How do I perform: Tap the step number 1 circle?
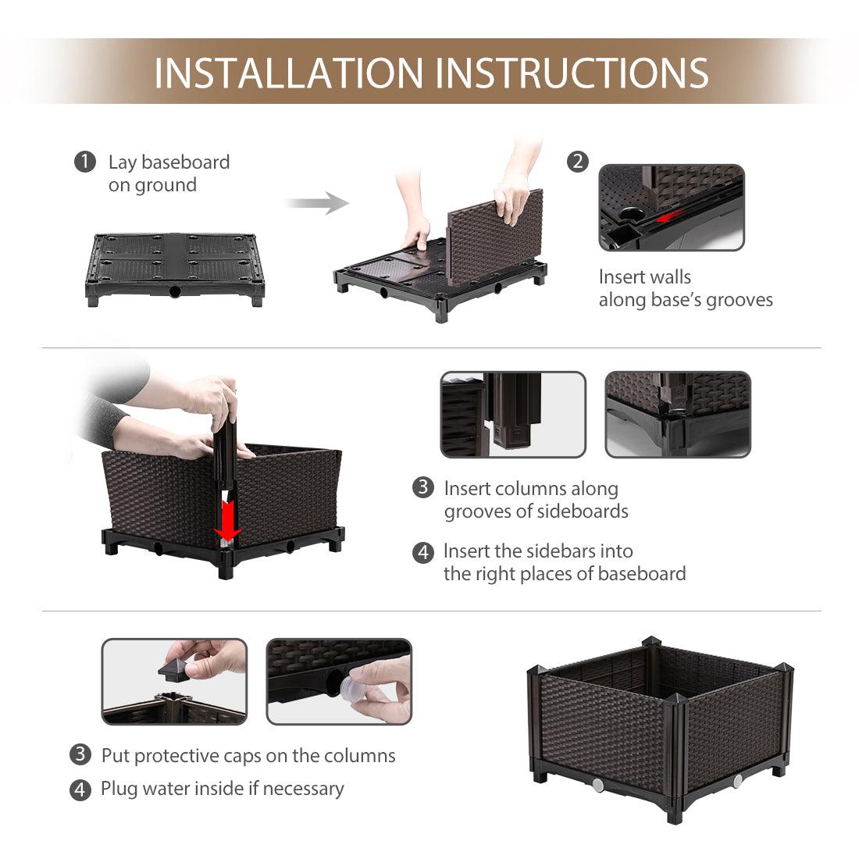pyautogui.click(x=85, y=162)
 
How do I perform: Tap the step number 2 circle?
pyautogui.click(x=577, y=162)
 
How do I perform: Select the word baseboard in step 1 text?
pyautogui.click(x=185, y=162)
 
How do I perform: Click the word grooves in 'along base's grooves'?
pyautogui.click(x=739, y=300)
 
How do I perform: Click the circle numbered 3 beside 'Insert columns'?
pyautogui.click(x=423, y=487)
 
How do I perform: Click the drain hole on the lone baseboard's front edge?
pyautogui.click(x=174, y=291)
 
